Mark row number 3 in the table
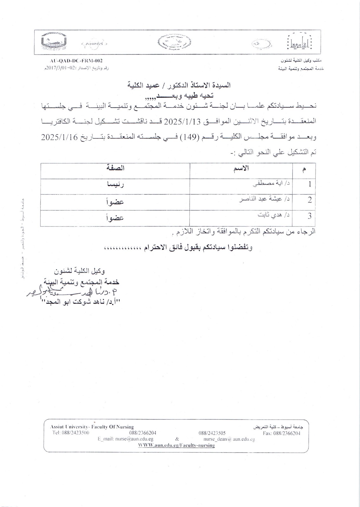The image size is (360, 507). point(310,216)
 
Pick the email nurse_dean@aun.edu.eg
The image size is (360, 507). point(229,439)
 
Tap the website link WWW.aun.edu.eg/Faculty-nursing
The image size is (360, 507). point(177,445)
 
